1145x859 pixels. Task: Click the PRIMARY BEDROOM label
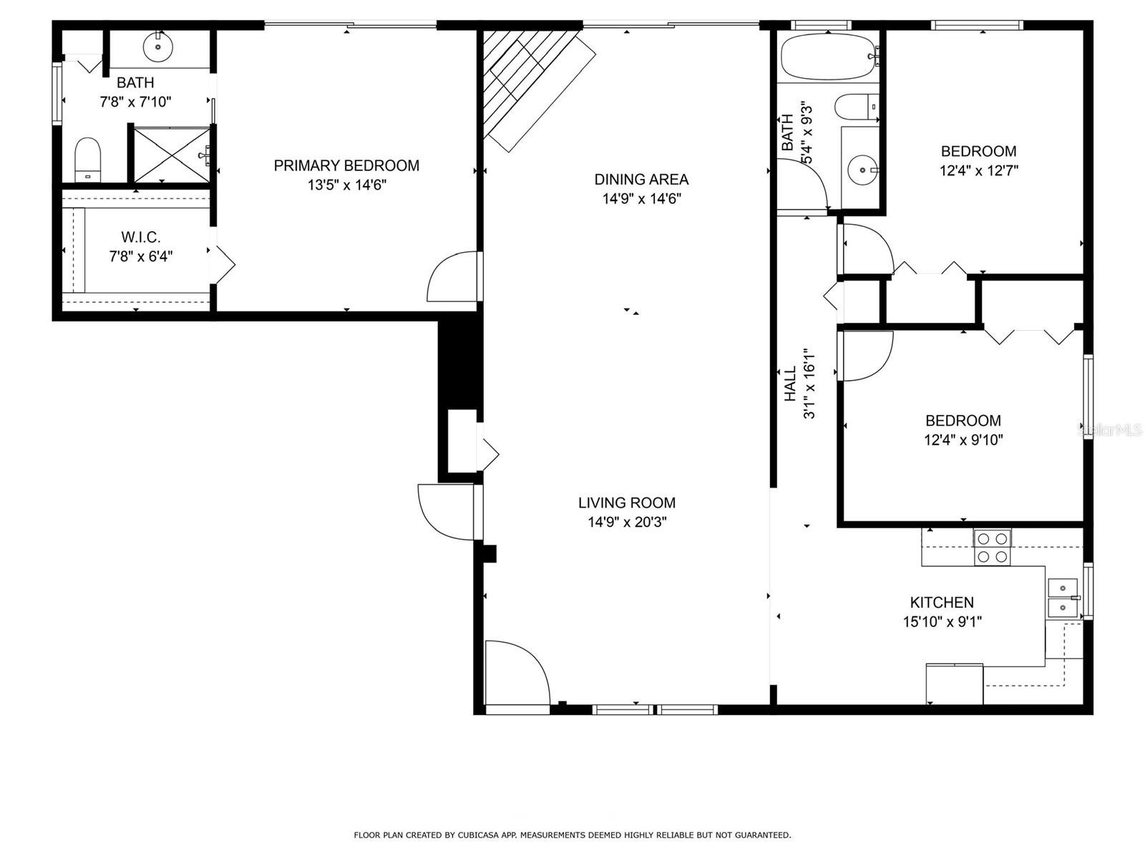click(346, 165)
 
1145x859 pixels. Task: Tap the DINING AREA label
click(641, 180)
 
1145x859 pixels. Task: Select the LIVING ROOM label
click(626, 503)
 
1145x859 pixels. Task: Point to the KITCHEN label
click(942, 603)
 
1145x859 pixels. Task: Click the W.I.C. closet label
click(141, 238)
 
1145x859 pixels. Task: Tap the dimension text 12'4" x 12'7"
click(978, 170)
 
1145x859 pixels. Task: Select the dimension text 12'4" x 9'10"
click(963, 440)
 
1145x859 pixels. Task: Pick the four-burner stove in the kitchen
click(992, 547)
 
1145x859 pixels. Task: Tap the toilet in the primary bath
click(87, 160)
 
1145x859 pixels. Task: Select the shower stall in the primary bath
click(172, 155)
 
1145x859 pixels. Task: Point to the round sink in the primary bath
click(157, 46)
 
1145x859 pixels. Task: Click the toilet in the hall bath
click(857, 108)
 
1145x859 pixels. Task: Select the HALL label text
click(791, 384)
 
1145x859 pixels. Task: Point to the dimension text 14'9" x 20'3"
click(627, 522)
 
